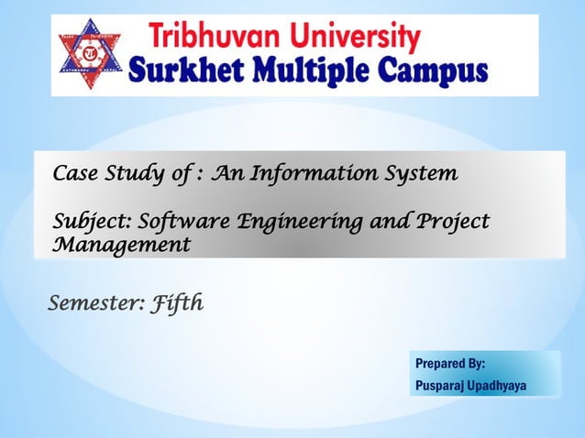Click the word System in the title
pos(414,173)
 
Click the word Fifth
pos(178,301)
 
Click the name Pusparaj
pos(439,386)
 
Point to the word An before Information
pos(223,173)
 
